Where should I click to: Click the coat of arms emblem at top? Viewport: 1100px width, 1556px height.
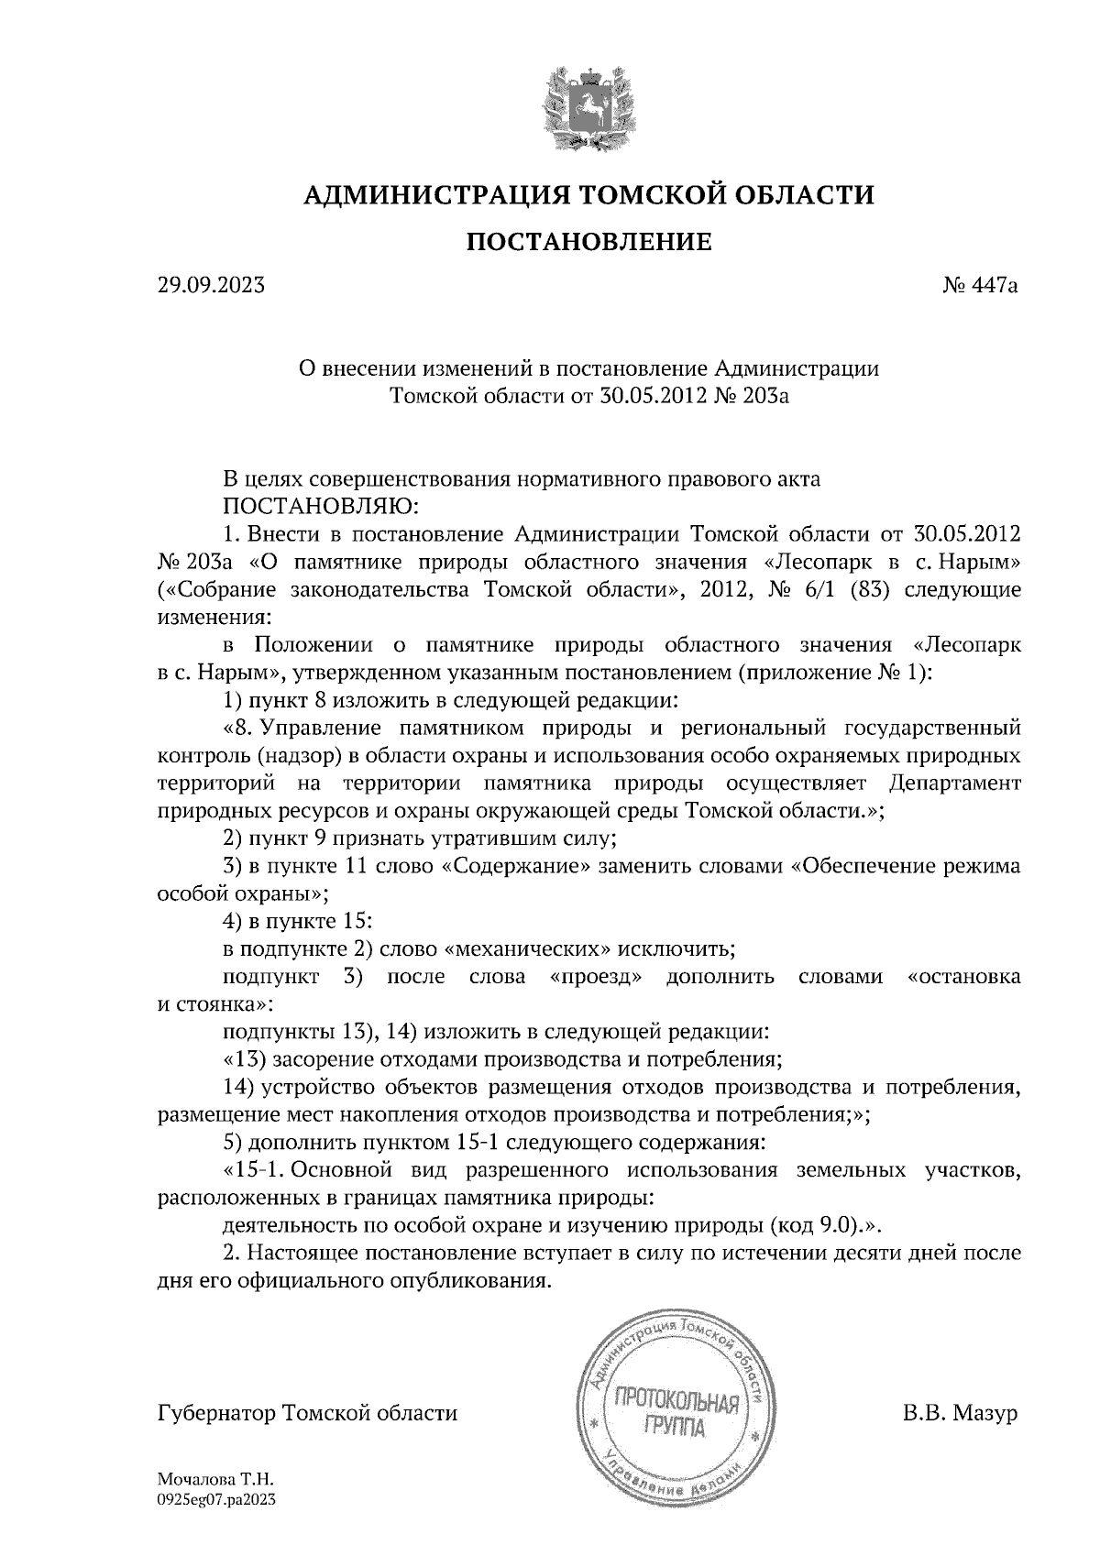[x=587, y=107]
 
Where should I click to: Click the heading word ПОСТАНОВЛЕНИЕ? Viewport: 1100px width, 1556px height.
[x=589, y=242]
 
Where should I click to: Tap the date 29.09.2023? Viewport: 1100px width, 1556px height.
[x=211, y=286]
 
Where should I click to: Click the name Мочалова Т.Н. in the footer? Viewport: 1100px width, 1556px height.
[x=216, y=1480]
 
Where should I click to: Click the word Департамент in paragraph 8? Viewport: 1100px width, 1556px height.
[x=954, y=784]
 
